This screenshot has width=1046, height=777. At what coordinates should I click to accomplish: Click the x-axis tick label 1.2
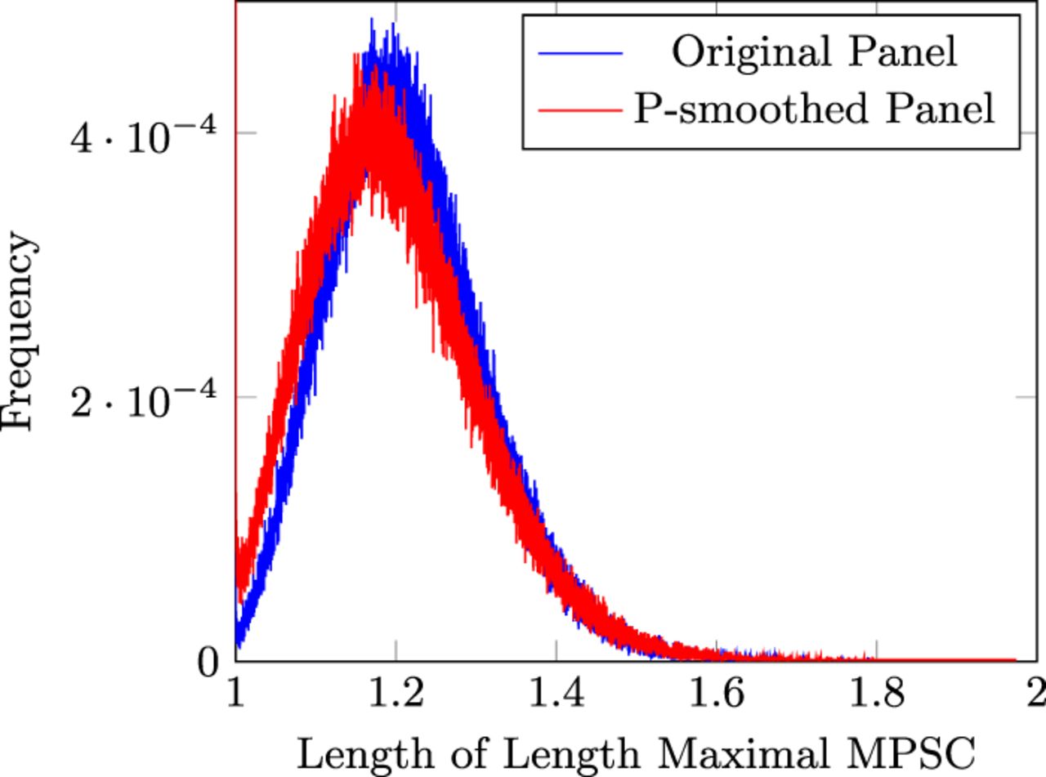(x=396, y=694)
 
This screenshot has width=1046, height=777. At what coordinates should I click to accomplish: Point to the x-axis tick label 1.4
(x=557, y=694)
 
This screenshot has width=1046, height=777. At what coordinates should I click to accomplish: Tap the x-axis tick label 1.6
(x=717, y=694)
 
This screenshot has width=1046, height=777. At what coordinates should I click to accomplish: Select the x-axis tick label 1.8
(x=877, y=694)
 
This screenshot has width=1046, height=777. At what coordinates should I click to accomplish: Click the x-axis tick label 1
(x=236, y=694)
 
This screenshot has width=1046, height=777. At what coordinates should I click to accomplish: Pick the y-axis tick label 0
(x=208, y=663)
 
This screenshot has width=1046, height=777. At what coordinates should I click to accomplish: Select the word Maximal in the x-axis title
(x=742, y=753)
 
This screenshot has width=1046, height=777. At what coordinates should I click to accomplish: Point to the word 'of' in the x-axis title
(x=468, y=753)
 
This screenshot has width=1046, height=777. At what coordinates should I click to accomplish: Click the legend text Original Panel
(x=815, y=51)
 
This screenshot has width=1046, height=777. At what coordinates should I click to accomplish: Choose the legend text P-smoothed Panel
(x=814, y=109)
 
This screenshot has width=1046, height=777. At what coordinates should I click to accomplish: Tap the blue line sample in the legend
(x=580, y=53)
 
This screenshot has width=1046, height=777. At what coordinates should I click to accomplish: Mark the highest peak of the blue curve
(x=372, y=19)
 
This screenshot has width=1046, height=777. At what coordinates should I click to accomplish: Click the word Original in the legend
(x=751, y=53)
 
